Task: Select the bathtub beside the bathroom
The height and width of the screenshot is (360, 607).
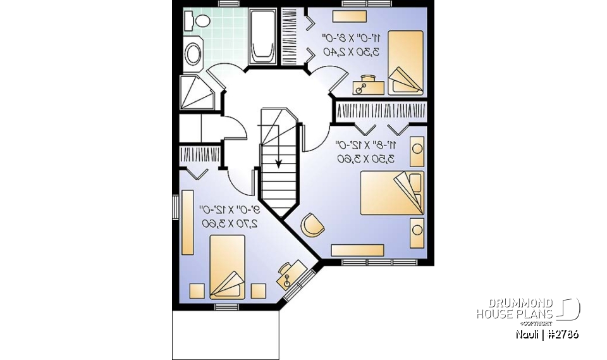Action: (261, 36)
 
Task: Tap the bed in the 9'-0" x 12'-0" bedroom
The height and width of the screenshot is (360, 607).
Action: (226, 266)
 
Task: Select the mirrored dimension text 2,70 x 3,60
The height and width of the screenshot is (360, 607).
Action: (229, 223)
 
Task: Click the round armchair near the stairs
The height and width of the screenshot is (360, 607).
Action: (312, 225)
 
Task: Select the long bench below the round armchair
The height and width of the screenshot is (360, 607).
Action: (357, 249)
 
